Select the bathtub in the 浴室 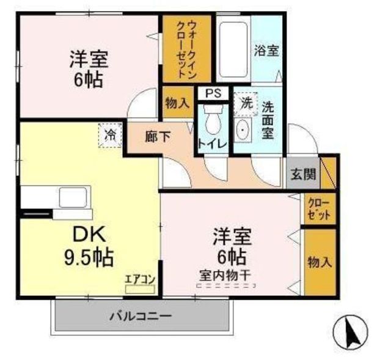pos(233,50)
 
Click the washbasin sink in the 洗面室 pos(243,130)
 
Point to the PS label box pos(213,94)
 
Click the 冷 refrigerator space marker pos(110,135)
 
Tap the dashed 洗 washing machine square pos(246,104)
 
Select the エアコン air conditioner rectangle pos(140,289)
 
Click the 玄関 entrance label pos(303,174)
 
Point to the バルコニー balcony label pos(141,317)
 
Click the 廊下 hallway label pos(158,137)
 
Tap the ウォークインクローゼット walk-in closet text pos(187,49)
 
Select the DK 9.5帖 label pos(89,246)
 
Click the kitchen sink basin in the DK pos(73,197)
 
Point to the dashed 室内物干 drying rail pos(226,285)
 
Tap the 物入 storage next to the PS pos(178,102)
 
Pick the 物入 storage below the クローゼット pos(320,262)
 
